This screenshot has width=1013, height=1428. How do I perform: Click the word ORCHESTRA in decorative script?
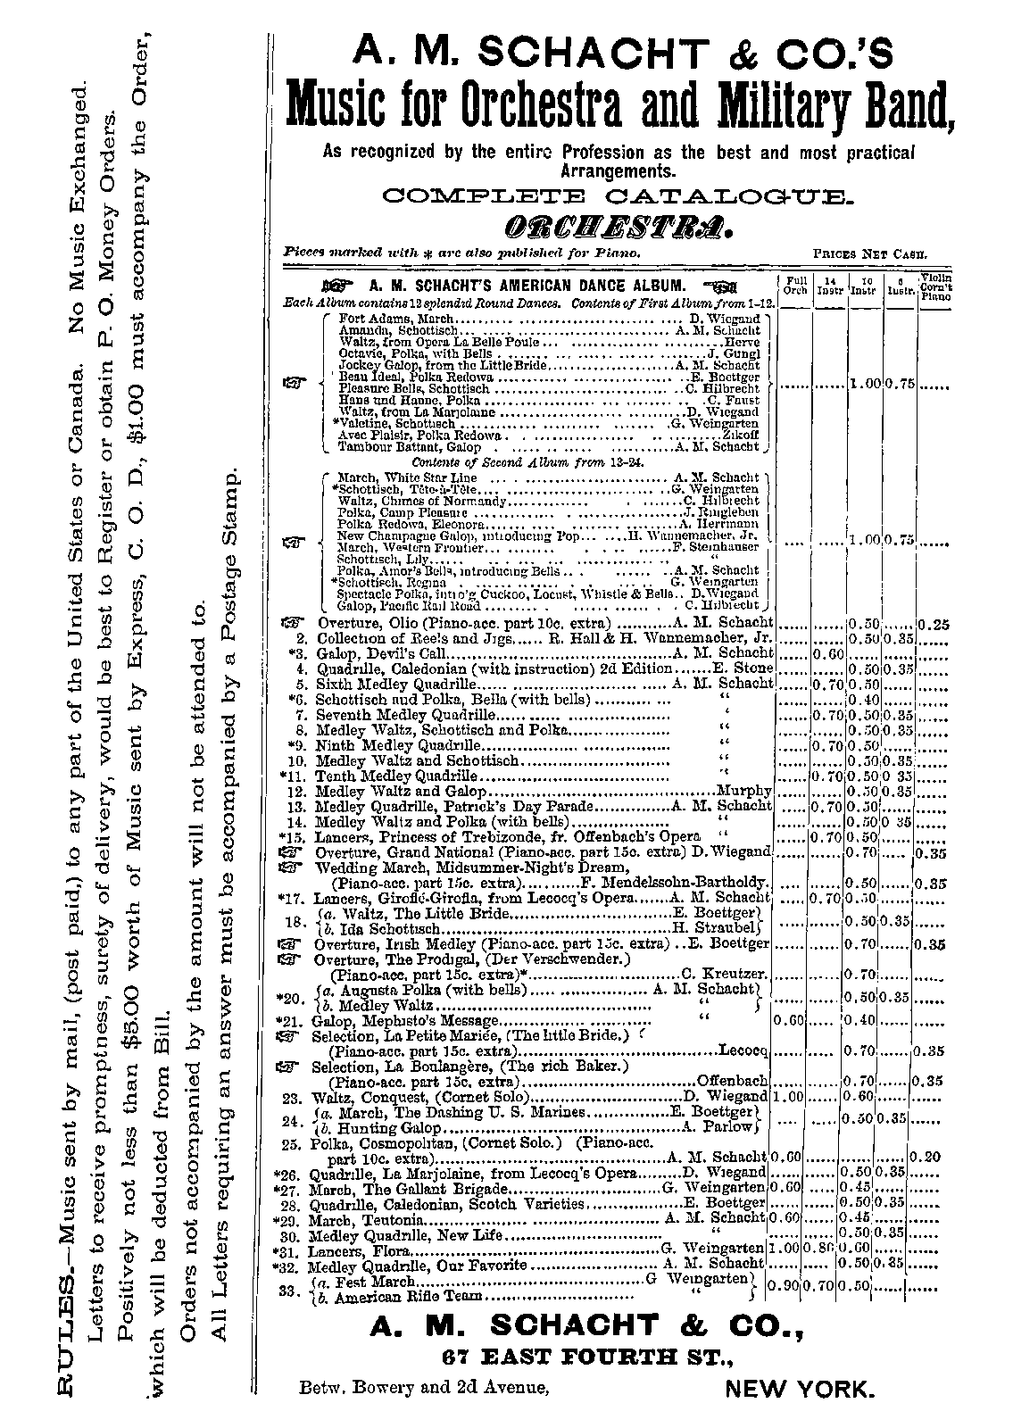click(606, 228)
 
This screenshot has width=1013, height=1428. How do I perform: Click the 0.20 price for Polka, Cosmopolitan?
click(930, 1157)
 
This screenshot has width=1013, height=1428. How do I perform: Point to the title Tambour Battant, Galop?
click(396, 446)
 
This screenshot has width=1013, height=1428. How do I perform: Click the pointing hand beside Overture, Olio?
click(291, 623)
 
